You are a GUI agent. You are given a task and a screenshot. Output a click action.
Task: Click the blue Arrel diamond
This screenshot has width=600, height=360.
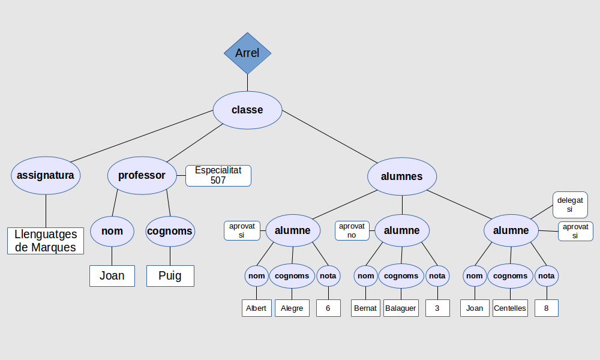click(x=247, y=53)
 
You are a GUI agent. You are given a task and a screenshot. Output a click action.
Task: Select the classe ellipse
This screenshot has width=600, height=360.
click(x=247, y=110)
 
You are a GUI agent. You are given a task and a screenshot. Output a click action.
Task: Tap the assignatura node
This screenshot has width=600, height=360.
click(x=46, y=176)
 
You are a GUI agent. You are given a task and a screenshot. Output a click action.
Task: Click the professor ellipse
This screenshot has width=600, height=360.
click(x=142, y=176)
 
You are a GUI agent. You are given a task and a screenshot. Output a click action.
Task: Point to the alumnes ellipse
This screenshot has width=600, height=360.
click(x=402, y=176)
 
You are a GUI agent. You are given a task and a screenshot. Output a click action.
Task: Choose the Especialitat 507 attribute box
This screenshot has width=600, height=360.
click(x=218, y=175)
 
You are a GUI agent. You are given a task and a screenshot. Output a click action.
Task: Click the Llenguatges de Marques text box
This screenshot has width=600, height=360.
click(x=46, y=241)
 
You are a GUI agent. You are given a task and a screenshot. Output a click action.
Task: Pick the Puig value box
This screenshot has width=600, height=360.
click(x=170, y=276)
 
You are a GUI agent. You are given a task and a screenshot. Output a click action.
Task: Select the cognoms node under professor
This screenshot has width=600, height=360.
click(x=170, y=231)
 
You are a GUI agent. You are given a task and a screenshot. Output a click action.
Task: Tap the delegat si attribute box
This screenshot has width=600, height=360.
click(x=569, y=205)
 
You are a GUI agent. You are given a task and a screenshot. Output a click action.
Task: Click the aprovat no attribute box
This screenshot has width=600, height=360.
click(x=352, y=230)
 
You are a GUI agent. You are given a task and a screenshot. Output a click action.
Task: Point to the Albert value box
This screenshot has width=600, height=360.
click(x=256, y=308)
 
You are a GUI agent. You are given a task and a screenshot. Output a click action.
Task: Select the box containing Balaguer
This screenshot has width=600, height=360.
click(x=400, y=308)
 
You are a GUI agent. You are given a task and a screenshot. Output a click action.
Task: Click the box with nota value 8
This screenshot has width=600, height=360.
click(x=547, y=308)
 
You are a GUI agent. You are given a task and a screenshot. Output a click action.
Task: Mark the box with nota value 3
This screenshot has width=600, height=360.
click(x=437, y=308)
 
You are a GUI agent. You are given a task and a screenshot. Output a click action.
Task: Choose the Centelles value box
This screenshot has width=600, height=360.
click(x=510, y=308)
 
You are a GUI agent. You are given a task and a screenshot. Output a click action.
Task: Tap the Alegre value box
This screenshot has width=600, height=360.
click(x=292, y=308)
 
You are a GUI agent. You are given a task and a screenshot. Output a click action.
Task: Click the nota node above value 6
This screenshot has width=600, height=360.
click(x=328, y=276)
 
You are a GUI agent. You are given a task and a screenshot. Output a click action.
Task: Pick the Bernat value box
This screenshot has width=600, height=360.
click(x=365, y=308)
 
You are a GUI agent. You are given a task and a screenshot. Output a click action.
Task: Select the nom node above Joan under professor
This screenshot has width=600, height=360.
click(x=112, y=231)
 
